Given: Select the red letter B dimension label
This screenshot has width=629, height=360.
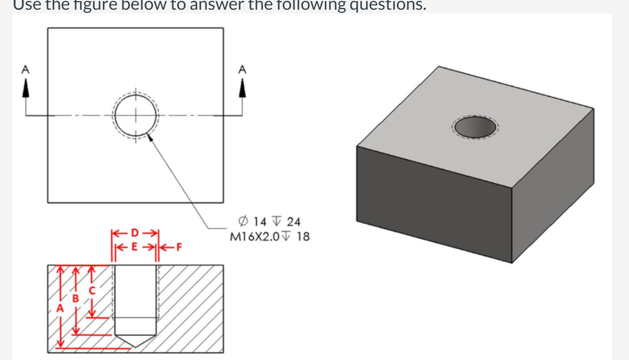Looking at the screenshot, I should click(76, 298).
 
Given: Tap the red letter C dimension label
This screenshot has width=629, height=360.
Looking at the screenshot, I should click(92, 290).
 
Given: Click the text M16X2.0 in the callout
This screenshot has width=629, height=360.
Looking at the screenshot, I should click(251, 236).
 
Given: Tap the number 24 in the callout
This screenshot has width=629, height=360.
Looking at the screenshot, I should click(294, 221).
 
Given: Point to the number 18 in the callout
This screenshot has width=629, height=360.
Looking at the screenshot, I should click(303, 236).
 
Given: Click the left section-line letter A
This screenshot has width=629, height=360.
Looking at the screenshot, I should click(24, 69).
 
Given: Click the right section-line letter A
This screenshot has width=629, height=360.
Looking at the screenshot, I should click(242, 69).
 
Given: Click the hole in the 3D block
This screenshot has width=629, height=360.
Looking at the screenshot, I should click(475, 127).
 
